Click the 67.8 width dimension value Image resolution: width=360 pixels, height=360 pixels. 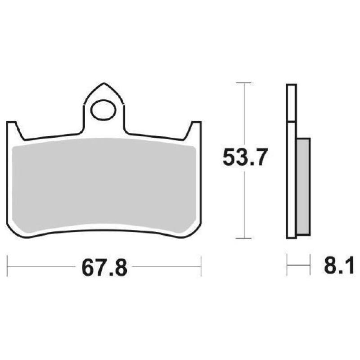104,268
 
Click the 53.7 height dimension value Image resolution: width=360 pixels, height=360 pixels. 246,158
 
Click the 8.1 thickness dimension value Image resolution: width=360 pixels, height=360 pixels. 338,266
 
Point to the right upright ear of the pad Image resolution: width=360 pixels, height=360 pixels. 195,128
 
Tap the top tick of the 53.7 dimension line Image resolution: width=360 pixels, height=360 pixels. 243,83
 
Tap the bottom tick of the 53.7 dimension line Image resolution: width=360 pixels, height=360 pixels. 243,238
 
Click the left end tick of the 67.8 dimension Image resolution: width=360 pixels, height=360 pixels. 8,266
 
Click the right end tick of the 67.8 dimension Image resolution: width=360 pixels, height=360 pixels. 201,266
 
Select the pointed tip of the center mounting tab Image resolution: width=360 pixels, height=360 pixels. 104,84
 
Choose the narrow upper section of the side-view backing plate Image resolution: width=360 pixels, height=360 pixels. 291,103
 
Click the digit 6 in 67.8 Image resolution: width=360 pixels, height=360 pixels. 89,268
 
